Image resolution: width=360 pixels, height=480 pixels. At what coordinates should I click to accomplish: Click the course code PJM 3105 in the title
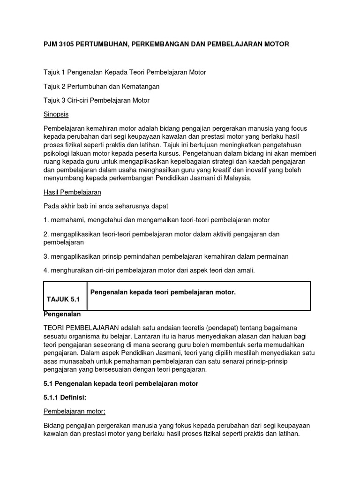59,44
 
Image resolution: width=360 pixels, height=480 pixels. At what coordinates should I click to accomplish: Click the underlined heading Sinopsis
56,114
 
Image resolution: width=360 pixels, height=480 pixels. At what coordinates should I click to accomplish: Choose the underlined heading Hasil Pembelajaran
72,192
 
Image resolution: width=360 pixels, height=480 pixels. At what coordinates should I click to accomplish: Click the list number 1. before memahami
46,220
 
